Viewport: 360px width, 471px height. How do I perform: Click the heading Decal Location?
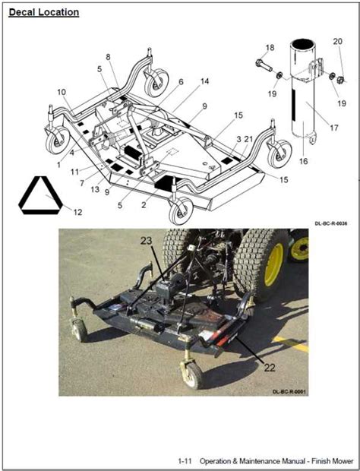pyautogui.click(x=43, y=12)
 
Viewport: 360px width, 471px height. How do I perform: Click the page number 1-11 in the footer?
pyautogui.click(x=185, y=460)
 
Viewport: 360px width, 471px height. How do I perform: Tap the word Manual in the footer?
pyautogui.click(x=295, y=460)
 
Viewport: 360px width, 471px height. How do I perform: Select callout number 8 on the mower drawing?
pyautogui.click(x=107, y=57)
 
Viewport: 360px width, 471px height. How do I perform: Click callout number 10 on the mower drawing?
pyautogui.click(x=60, y=92)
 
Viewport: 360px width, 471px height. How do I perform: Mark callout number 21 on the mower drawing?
pyautogui.click(x=249, y=139)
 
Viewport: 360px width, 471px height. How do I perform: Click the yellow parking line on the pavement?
pyautogui.click(x=292, y=344)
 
